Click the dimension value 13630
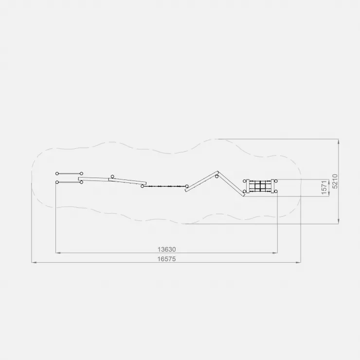[167, 249]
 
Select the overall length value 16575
[167, 259]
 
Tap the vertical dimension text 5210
[335, 181]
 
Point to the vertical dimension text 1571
[324, 188]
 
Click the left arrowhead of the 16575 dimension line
[34, 262]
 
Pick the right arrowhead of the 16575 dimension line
[298, 262]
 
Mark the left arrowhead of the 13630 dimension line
[58, 253]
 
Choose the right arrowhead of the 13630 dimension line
[275, 253]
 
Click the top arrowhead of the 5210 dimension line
[339, 142]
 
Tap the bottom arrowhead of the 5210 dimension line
[339, 221]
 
